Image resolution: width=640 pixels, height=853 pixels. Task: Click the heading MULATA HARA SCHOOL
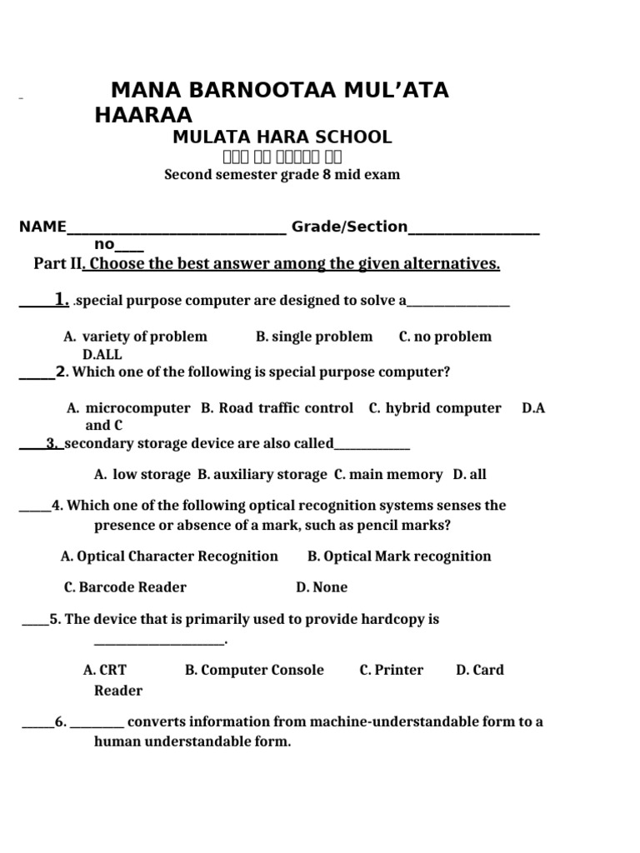(x=282, y=137)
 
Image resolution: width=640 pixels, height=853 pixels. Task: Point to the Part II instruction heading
(x=267, y=265)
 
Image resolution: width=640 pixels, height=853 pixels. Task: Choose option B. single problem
(x=314, y=337)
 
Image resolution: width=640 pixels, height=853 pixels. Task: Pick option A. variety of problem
(x=135, y=337)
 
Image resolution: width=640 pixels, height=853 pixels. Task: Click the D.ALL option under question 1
(x=102, y=355)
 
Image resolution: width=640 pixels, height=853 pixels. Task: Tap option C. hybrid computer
(x=435, y=408)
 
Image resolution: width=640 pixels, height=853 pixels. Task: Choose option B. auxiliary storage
(x=262, y=475)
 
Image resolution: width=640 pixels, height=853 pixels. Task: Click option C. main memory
(x=388, y=475)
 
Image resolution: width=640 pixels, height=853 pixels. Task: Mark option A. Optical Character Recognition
(x=169, y=556)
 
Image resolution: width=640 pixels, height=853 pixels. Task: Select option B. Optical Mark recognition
(x=399, y=556)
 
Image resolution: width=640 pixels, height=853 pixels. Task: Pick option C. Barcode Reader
(x=125, y=587)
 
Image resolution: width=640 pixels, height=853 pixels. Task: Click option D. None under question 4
(x=322, y=587)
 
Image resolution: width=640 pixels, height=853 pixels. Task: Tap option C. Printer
(x=391, y=670)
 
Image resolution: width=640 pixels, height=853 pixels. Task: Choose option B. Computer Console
(x=254, y=670)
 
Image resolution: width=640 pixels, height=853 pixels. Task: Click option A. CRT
(x=105, y=670)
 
